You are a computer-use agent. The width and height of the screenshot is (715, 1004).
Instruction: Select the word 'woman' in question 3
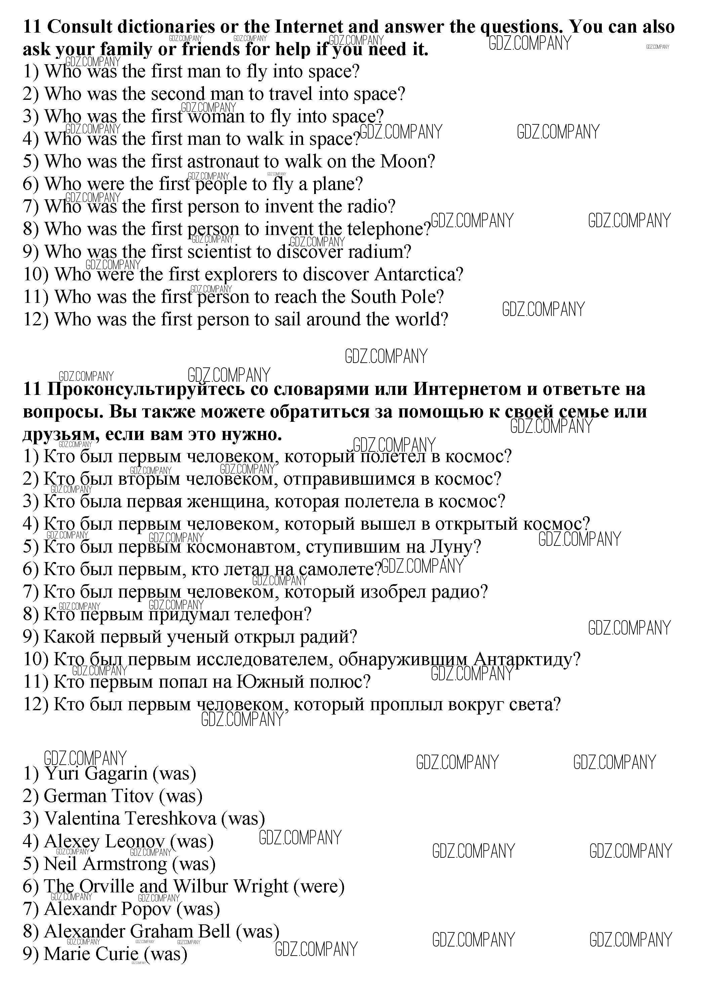tap(216, 117)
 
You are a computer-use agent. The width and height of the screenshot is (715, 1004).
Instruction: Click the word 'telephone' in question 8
tap(384, 230)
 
